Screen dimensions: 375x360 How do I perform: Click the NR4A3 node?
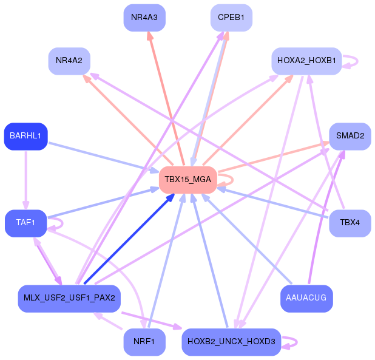point(144,18)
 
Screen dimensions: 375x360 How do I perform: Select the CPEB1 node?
point(231,18)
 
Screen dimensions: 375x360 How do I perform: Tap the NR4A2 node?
point(69,61)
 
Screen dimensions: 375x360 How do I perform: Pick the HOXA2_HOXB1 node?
point(306,61)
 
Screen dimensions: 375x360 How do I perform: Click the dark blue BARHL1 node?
point(26,137)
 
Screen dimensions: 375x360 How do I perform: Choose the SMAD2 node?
point(350,137)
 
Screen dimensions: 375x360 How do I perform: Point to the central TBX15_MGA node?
point(188,180)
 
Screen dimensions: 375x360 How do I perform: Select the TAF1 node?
point(26,223)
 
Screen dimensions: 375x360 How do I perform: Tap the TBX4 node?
point(350,223)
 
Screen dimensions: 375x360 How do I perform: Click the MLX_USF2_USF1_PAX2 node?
point(69,298)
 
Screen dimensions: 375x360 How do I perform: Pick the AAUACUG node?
point(306,298)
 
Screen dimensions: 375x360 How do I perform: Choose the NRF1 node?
point(144,342)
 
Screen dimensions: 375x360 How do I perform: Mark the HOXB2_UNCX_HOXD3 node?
point(231,342)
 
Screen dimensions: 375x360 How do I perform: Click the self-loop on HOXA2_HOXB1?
point(357,61)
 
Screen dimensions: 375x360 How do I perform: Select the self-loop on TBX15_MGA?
point(232,180)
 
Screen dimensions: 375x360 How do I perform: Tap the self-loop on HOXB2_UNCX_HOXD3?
point(297,342)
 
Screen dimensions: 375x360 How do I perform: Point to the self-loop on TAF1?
point(62,223)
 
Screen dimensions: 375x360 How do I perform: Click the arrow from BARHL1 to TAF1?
point(26,180)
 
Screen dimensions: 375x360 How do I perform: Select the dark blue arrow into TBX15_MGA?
point(129,239)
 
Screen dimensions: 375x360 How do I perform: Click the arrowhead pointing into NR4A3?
point(150,36)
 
